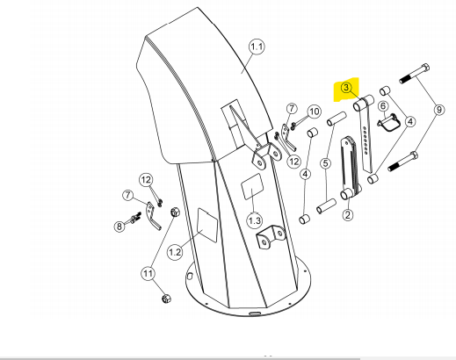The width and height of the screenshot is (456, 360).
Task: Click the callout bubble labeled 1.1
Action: pos(257,47)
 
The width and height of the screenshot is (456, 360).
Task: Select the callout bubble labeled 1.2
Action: pos(175,252)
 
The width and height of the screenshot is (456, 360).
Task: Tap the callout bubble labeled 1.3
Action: pos(255,220)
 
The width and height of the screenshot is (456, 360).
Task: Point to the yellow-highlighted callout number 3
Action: pos(346,88)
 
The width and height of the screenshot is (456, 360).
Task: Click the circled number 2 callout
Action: pos(348,215)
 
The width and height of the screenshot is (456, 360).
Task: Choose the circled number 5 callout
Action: pos(326,163)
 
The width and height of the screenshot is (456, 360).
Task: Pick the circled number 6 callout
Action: pos(383,106)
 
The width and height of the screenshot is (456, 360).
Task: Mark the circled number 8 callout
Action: pos(119,227)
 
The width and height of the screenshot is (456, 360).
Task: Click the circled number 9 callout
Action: pos(438,110)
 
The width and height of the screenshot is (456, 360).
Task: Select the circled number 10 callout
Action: pos(314,112)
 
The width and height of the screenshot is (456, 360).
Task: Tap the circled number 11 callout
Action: pos(148,274)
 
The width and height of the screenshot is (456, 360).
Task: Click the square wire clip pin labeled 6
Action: pos(387,121)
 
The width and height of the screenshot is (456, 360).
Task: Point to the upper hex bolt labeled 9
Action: pos(415,74)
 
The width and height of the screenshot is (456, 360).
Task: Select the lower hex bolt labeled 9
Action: pos(403,162)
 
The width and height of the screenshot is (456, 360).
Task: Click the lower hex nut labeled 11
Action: pos(166,299)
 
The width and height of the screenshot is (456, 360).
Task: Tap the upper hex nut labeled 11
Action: pos(175,212)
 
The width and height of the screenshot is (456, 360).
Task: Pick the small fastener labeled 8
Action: pos(134,219)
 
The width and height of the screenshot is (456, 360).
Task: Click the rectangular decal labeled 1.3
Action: pos(252,186)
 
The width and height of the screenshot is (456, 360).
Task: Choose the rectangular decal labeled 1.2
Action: pos(207,225)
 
